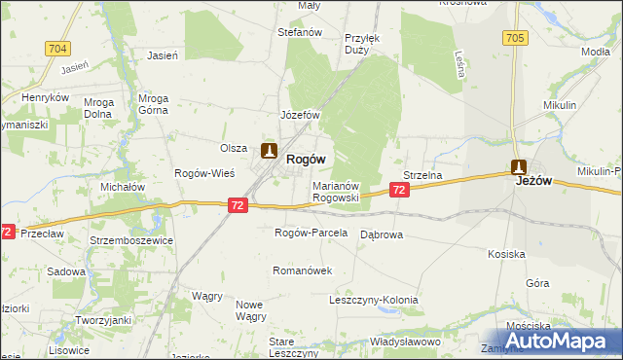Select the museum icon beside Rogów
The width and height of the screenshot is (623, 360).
coord(270,152)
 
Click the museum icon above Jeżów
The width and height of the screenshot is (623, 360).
coord(520,167)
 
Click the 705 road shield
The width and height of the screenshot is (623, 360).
coord(515,38)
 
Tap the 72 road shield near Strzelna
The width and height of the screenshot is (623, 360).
coord(400,192)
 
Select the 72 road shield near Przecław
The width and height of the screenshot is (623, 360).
coord(7,232)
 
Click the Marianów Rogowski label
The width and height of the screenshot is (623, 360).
coord(336,191)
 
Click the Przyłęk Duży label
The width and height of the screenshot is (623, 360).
coord(360,44)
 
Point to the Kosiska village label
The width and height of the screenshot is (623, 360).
coord(507,254)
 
